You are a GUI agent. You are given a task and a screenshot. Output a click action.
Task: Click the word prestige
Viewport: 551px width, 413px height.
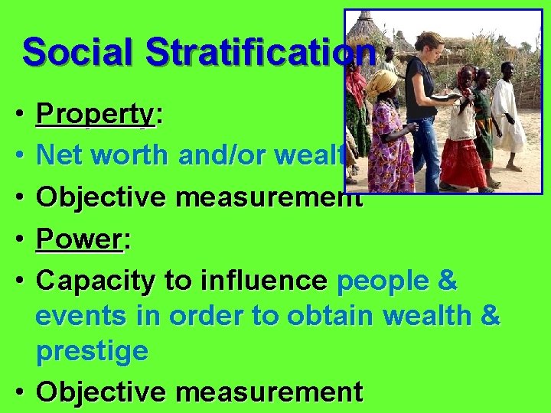pyautogui.click(x=93, y=351)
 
